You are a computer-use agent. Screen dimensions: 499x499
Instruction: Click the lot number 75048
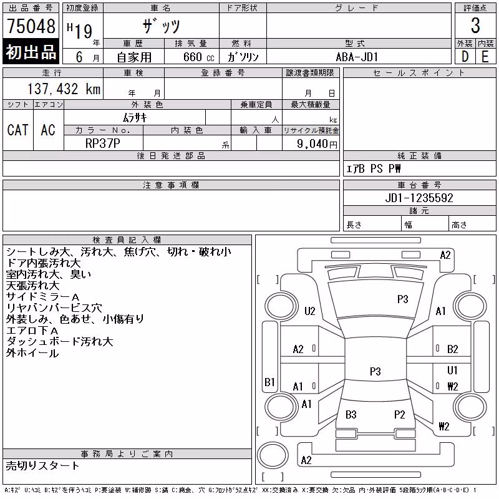click(31, 26)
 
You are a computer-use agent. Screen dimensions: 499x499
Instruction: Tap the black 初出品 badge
click(31, 51)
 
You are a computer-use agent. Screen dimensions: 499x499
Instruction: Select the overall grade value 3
click(475, 26)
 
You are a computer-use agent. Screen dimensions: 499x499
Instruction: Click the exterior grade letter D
click(465, 57)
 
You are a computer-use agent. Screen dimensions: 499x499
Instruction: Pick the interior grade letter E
click(485, 57)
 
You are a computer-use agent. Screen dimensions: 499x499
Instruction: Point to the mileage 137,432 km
click(64, 89)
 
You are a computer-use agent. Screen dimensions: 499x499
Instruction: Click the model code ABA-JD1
click(357, 57)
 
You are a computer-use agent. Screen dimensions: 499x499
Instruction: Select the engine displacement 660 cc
click(198, 57)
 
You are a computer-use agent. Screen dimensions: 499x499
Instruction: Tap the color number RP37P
click(103, 143)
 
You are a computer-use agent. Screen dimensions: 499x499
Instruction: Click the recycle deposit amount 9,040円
click(317, 144)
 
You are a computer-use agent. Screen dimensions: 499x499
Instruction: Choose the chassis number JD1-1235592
click(419, 198)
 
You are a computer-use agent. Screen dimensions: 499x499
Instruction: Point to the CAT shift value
click(18, 130)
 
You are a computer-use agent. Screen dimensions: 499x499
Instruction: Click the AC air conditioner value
click(48, 130)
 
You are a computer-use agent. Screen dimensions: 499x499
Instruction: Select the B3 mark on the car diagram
click(351, 415)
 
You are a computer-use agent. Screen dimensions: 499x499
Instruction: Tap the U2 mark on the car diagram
click(309, 311)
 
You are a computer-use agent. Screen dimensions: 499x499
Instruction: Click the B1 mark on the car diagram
click(269, 382)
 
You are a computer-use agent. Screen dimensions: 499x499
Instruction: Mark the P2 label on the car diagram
click(399, 415)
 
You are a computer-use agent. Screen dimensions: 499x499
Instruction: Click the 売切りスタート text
click(42, 466)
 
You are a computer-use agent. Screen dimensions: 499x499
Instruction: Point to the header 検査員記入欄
click(127, 240)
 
